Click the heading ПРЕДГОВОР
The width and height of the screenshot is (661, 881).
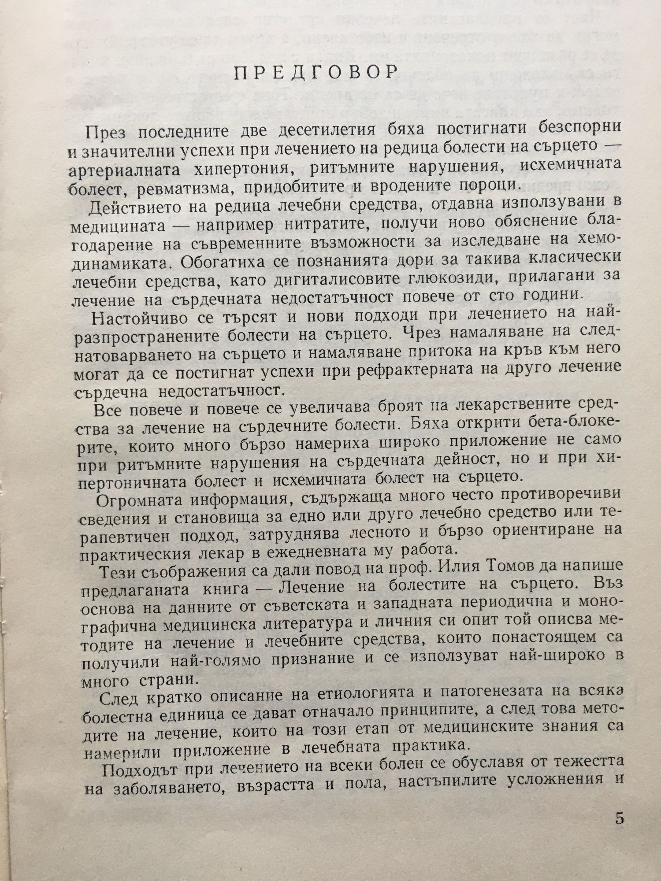(x=316, y=72)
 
